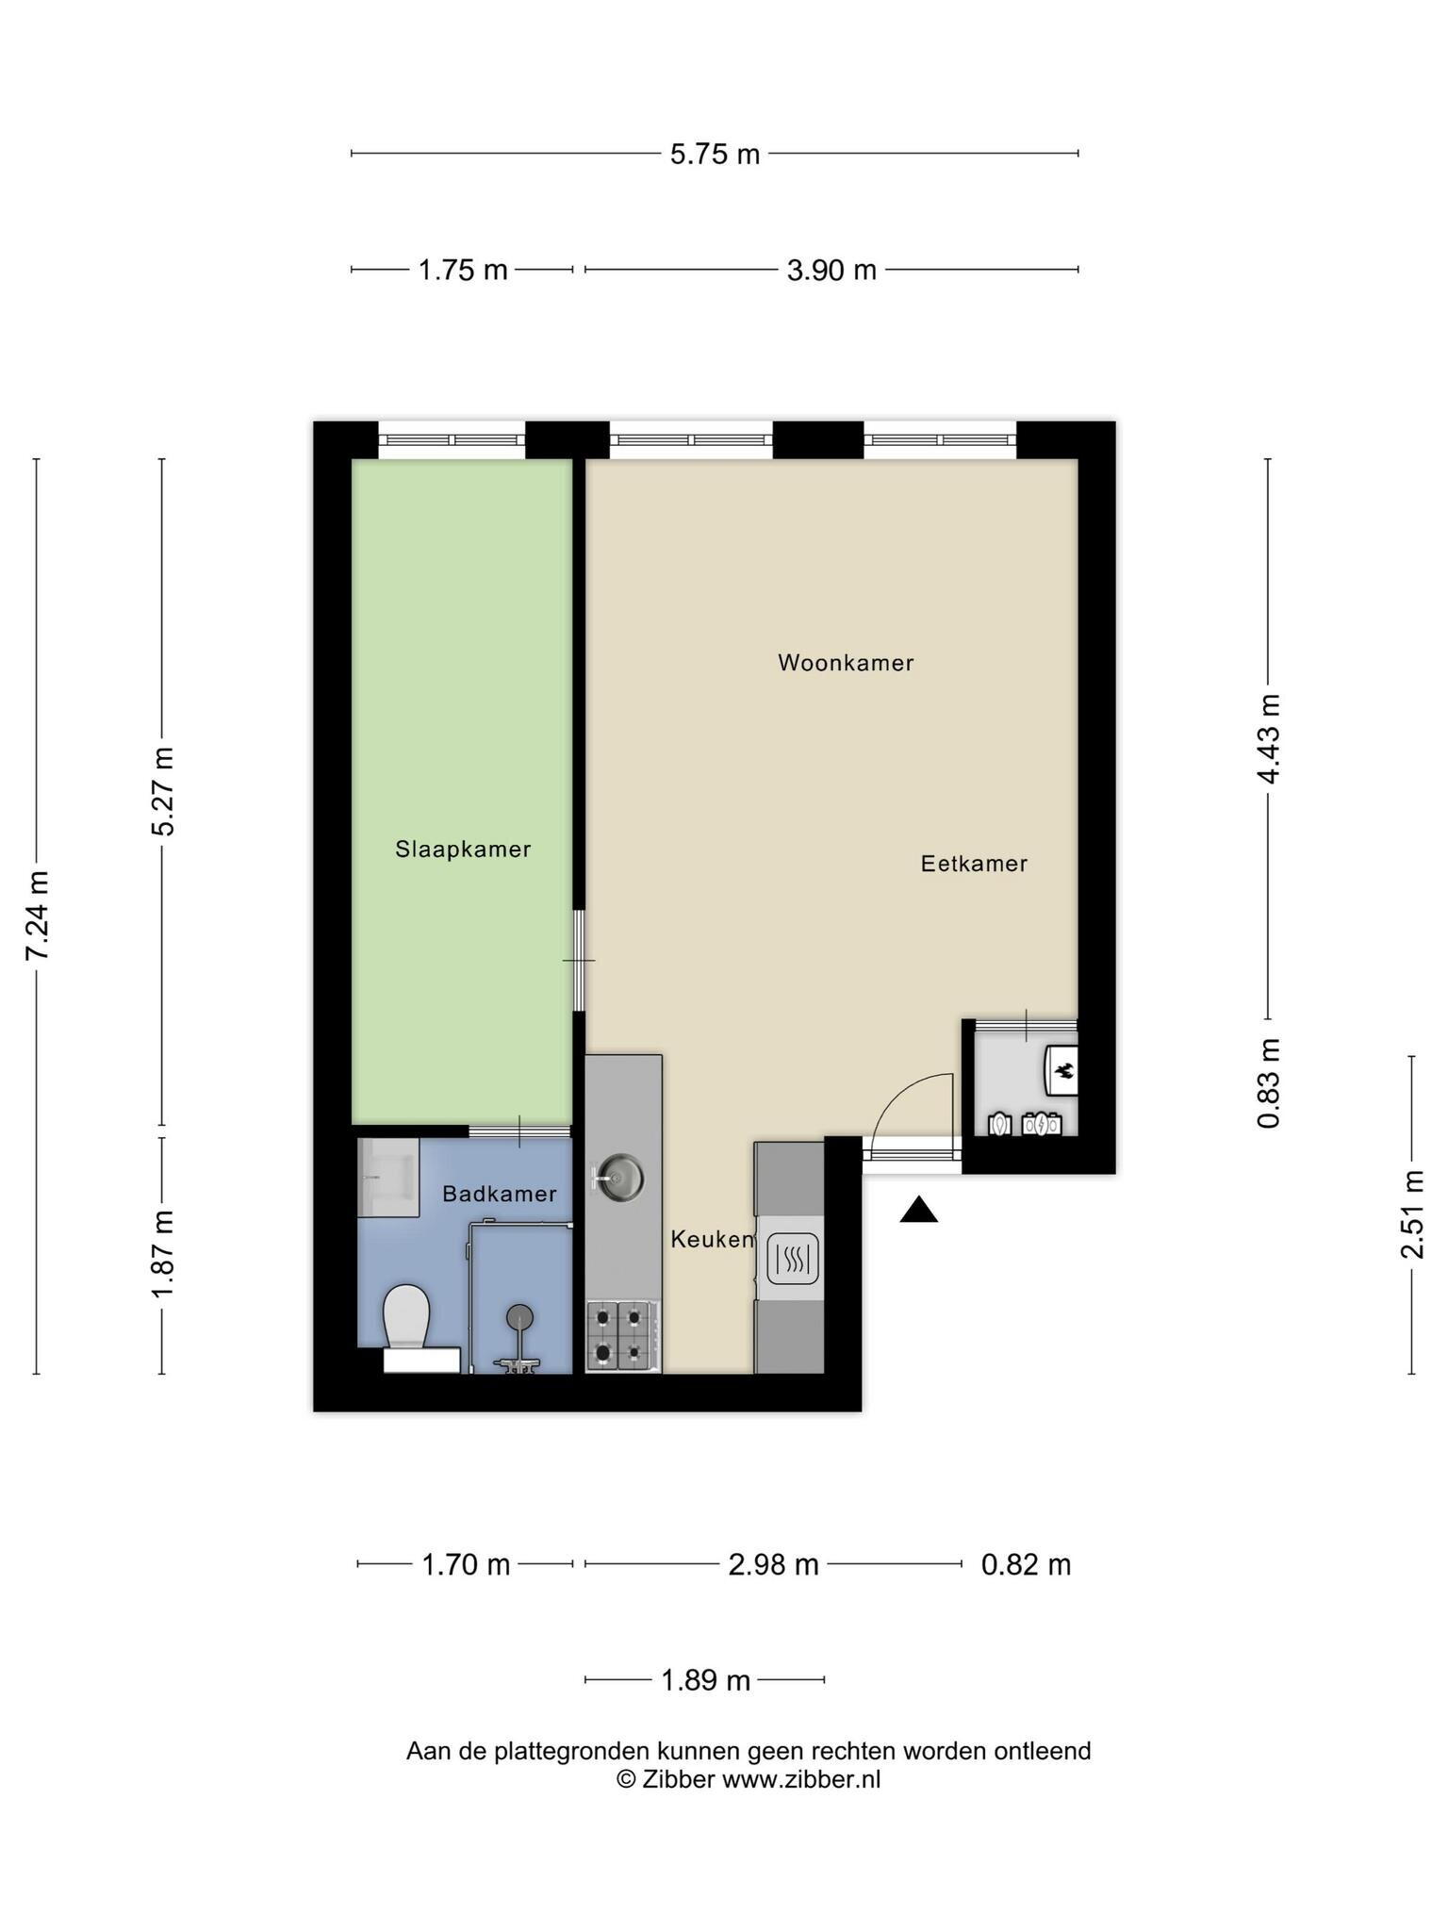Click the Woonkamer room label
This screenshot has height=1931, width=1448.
point(846,663)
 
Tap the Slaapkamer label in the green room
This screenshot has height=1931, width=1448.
point(463,850)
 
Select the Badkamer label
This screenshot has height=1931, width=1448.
point(500,1194)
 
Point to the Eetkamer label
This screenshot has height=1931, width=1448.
point(974,863)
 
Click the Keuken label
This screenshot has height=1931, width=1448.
point(713,1239)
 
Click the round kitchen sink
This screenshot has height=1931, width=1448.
point(619,1176)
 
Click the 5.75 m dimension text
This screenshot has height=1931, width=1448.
point(715,154)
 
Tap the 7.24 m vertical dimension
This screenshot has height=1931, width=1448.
point(38,916)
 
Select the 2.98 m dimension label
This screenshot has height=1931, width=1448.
point(773,1565)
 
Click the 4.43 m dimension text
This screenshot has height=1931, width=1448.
point(1269,739)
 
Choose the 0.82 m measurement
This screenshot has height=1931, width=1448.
point(1026,1565)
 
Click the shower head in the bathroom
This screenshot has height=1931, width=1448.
point(519,1316)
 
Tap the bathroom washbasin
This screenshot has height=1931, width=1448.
point(388,1176)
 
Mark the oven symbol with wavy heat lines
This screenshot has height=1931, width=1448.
point(793,1259)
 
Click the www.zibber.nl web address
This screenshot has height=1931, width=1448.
point(801,1779)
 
